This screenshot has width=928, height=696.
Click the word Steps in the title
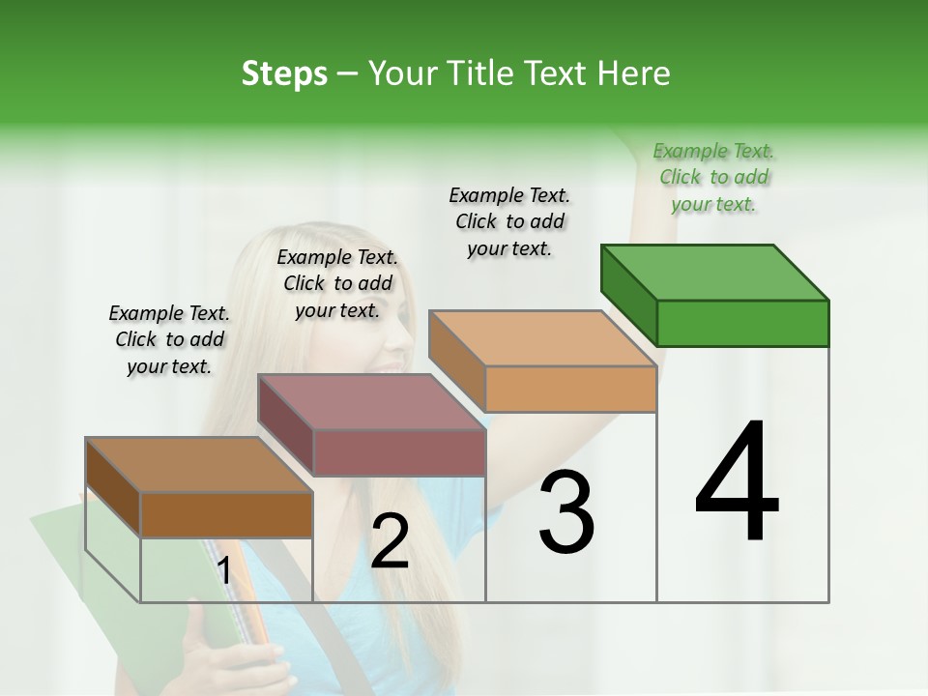pos(284,73)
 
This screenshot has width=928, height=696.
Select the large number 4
pos(737,483)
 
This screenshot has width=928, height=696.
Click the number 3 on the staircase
pos(566,512)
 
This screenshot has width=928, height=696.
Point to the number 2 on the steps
pos(390,541)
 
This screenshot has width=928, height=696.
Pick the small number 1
pos(223,571)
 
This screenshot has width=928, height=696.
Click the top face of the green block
pos(713,273)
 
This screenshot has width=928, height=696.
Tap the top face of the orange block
pos(541,338)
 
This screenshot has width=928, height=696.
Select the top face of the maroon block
pos(370,402)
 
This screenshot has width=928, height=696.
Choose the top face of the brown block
pos(199,465)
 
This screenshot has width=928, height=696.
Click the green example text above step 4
pos(714,177)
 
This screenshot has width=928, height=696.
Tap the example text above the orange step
pos(510,221)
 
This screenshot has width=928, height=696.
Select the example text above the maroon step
pos(337,283)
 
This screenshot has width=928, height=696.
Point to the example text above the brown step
pos(169,339)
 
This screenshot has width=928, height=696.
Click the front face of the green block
pos(742,323)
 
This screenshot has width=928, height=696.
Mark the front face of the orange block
pos(570,389)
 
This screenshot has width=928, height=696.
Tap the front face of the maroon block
pos(399,452)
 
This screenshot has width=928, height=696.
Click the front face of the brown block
pos(227,514)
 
